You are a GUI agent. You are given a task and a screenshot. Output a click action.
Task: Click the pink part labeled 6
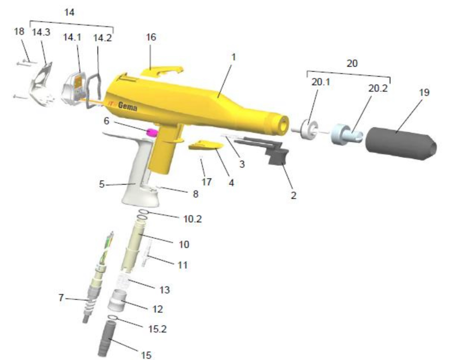(152, 132)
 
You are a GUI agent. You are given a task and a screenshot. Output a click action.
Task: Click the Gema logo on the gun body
(127, 106)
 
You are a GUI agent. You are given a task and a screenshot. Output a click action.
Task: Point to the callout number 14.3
(41, 32)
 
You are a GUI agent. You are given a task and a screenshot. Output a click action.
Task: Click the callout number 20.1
(320, 82)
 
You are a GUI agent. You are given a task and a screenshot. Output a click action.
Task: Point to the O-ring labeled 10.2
(142, 212)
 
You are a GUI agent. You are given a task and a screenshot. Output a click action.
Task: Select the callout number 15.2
(157, 329)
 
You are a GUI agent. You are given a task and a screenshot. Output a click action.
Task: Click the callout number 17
(207, 182)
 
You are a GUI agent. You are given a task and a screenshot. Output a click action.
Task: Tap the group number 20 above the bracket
(352, 63)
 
